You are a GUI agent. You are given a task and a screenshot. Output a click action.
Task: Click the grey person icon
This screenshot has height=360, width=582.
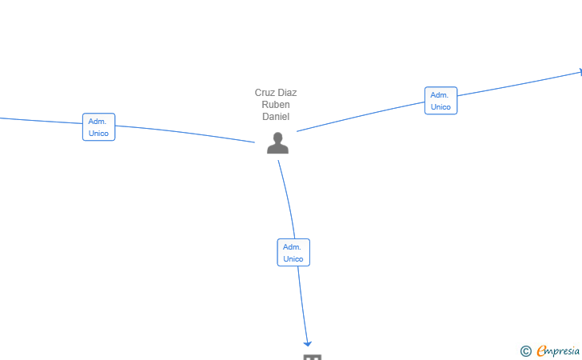277,142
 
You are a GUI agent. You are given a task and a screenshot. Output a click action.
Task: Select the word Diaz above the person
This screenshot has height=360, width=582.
287,93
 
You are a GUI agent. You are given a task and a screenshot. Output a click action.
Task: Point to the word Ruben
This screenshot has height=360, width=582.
276,104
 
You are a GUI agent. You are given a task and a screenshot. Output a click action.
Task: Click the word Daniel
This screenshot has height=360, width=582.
276,117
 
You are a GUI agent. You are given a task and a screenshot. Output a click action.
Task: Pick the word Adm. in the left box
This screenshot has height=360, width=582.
98,122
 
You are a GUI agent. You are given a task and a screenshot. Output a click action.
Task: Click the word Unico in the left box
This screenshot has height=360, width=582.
98,134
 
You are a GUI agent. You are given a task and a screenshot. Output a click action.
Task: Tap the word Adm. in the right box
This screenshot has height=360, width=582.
440,95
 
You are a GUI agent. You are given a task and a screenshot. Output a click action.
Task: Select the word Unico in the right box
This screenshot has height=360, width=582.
440,107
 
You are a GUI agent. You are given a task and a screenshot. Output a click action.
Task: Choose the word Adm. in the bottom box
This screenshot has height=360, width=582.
292,247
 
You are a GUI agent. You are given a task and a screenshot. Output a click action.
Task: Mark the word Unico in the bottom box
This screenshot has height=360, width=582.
293,259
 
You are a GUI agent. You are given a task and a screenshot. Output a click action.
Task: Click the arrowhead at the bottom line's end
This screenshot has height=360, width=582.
307,344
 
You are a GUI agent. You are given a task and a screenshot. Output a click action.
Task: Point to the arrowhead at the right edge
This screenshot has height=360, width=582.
580,72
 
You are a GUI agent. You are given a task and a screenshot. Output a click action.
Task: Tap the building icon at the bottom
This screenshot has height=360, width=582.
312,357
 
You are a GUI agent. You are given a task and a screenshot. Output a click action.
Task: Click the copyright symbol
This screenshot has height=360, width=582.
526,351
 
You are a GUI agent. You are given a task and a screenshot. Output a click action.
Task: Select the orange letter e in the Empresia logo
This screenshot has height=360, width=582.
541,350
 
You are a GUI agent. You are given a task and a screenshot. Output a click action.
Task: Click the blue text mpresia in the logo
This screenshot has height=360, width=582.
563,351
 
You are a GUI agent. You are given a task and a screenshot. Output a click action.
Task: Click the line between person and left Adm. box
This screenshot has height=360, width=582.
185,133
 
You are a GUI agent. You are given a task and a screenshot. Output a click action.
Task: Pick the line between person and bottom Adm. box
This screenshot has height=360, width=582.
289,198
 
